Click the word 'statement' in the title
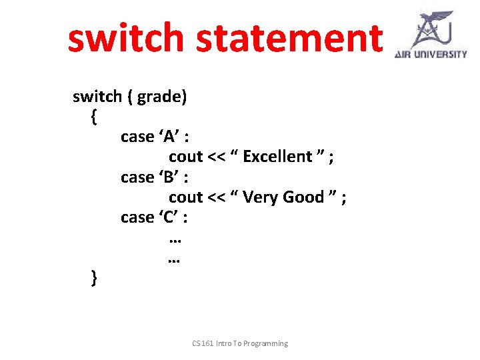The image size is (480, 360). pyautogui.click(x=287, y=38)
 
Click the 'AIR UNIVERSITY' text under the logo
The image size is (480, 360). pyautogui.click(x=431, y=54)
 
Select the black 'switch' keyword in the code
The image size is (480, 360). pyautogui.click(x=97, y=97)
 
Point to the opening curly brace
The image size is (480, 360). pyautogui.click(x=93, y=117)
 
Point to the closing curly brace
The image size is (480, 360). pyautogui.click(x=93, y=277)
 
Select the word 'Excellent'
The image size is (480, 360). pyautogui.click(x=278, y=157)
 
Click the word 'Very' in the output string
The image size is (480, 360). pyautogui.click(x=261, y=197)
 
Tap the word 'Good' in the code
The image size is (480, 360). pyautogui.click(x=303, y=197)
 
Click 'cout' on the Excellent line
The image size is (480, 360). pyautogui.click(x=185, y=157)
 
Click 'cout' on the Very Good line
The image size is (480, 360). pyautogui.click(x=185, y=197)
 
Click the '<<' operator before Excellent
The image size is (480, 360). pyautogui.click(x=216, y=157)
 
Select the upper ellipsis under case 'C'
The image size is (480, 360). pyautogui.click(x=175, y=239)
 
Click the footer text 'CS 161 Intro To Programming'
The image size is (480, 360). pyautogui.click(x=240, y=343)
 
